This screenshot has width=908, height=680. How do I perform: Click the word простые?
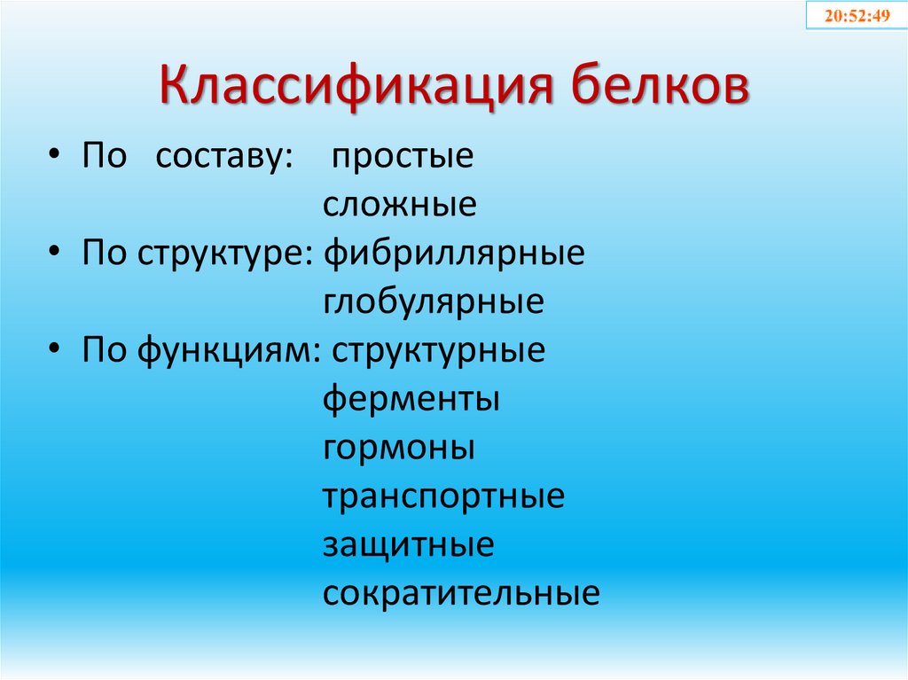point(403,157)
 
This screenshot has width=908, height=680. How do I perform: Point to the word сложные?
point(399,206)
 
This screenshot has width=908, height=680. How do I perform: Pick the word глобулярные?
point(434,303)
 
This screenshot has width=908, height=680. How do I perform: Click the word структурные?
point(439,352)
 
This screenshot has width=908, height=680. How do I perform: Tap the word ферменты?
point(411,400)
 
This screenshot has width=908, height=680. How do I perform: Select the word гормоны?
point(399,449)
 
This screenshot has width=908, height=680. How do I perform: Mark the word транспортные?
point(443,496)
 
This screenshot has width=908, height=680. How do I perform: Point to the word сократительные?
point(461,593)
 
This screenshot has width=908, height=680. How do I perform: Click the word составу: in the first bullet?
point(225,157)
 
